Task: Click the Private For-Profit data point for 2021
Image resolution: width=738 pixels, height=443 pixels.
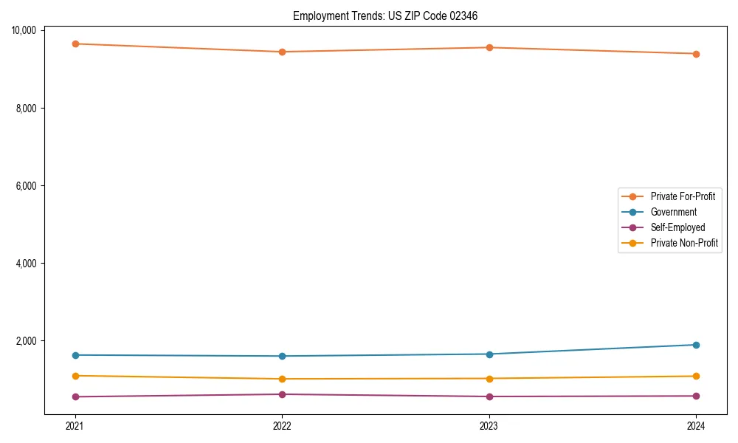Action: [x=75, y=44]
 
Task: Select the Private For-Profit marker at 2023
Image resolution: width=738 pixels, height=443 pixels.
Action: [x=489, y=47]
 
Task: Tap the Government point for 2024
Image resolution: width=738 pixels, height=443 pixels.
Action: [x=696, y=345]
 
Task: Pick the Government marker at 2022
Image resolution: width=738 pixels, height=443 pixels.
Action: [x=282, y=356]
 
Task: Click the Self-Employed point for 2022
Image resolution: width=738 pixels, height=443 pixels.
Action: [x=282, y=394]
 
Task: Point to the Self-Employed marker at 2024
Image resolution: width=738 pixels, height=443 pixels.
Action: [x=696, y=396]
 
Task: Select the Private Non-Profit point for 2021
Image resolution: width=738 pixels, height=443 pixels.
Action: [x=75, y=376]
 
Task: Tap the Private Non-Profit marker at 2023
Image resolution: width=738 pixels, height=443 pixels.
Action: [x=489, y=378]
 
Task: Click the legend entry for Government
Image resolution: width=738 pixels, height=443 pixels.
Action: [x=673, y=212]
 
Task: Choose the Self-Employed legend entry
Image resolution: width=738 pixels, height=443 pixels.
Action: [x=677, y=227]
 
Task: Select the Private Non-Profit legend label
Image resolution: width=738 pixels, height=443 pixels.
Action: [x=684, y=243]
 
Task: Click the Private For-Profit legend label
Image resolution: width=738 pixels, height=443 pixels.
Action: [x=683, y=196]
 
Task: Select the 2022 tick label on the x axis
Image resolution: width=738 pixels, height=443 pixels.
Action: [x=282, y=425]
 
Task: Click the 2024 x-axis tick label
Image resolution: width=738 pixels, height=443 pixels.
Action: [x=696, y=425]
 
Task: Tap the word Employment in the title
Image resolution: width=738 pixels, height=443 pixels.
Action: [x=317, y=16]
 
